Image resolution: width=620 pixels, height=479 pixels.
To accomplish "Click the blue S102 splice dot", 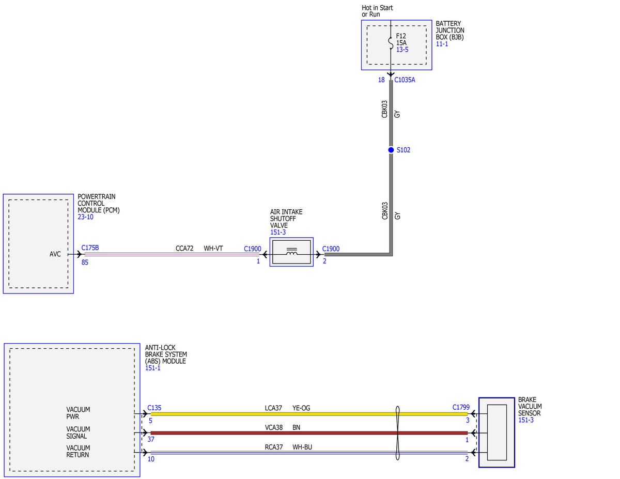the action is point(391,150).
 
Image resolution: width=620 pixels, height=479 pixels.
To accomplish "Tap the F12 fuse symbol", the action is point(391,43).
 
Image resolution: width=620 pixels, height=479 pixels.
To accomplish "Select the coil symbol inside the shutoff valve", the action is point(291,251).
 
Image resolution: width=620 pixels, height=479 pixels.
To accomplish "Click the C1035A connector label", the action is point(405,80).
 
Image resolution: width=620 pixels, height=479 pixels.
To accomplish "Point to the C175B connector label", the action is point(90,248).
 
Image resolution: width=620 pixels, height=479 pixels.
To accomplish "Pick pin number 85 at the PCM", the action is point(85,262).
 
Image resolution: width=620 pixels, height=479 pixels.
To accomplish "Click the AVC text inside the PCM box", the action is point(55,254).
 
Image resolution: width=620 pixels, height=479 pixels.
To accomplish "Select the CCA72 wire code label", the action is point(184,248).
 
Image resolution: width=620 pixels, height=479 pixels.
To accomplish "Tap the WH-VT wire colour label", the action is point(213,248).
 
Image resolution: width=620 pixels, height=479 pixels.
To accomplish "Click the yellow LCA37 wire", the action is point(309,414).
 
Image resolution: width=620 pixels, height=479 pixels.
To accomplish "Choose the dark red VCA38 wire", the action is point(309,433).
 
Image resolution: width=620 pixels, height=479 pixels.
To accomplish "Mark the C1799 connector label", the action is point(461,407).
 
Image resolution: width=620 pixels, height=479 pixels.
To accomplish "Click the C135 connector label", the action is point(154,408).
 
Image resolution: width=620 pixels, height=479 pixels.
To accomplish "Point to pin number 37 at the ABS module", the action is point(151,439).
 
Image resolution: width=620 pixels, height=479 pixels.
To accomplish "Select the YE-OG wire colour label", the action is point(301,408).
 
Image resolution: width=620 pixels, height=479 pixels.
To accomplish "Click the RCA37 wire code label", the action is point(274,447).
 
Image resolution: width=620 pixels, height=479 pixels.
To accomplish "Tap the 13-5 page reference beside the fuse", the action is point(402,50).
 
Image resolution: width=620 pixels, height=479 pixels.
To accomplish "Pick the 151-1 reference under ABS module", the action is point(152,368).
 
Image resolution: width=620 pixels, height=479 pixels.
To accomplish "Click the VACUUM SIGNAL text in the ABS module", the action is point(78,432).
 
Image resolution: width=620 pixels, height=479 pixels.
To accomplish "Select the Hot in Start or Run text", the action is point(377,11).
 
